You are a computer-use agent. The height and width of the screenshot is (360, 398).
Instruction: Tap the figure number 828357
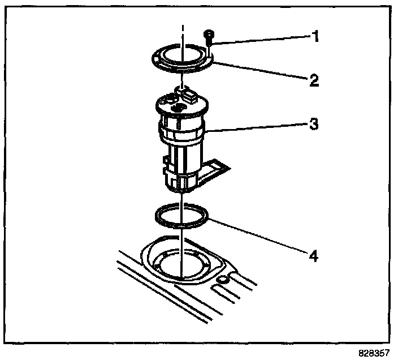coord(374,352)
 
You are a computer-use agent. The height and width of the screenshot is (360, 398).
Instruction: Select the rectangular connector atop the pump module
coord(187,91)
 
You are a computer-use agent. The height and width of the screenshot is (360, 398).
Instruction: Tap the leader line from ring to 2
coord(260,72)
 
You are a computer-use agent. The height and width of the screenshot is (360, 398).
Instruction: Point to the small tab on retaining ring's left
coord(155,57)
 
